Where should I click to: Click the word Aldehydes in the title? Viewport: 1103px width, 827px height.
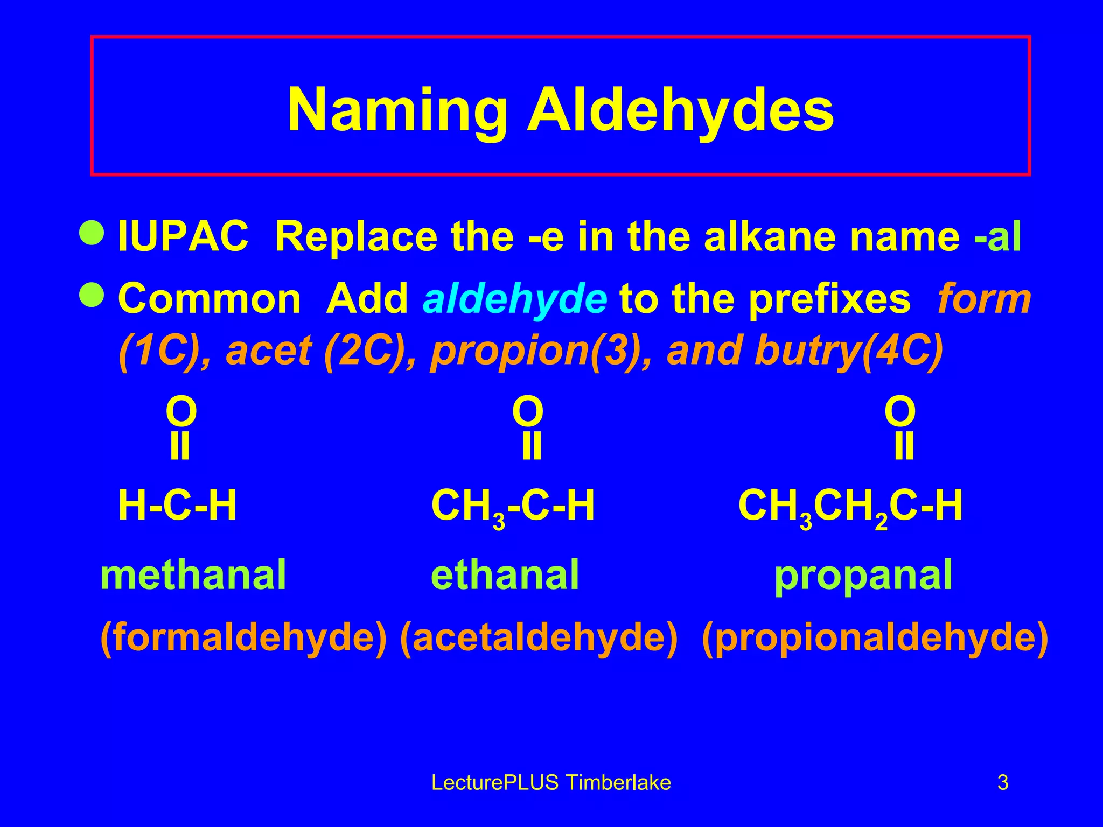[680, 110]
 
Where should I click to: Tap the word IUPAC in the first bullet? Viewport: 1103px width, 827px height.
[183, 237]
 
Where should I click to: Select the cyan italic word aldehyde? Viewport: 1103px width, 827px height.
[515, 299]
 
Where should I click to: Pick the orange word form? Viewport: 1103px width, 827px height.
[984, 299]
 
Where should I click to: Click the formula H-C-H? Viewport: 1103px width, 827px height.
[177, 506]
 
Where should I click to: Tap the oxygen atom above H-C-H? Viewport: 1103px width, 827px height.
[181, 412]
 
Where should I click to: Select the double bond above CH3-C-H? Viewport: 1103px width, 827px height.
[532, 447]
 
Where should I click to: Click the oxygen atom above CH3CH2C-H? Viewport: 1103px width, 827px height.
[900, 412]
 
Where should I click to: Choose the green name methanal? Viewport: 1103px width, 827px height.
[193, 575]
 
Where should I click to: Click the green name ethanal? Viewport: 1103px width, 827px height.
[505, 575]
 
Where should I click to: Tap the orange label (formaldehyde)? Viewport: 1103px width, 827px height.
[243, 638]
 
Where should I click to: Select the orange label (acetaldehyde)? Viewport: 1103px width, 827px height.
[539, 638]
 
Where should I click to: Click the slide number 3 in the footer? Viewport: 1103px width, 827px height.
[1003, 782]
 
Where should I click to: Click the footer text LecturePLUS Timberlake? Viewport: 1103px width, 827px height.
[551, 782]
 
